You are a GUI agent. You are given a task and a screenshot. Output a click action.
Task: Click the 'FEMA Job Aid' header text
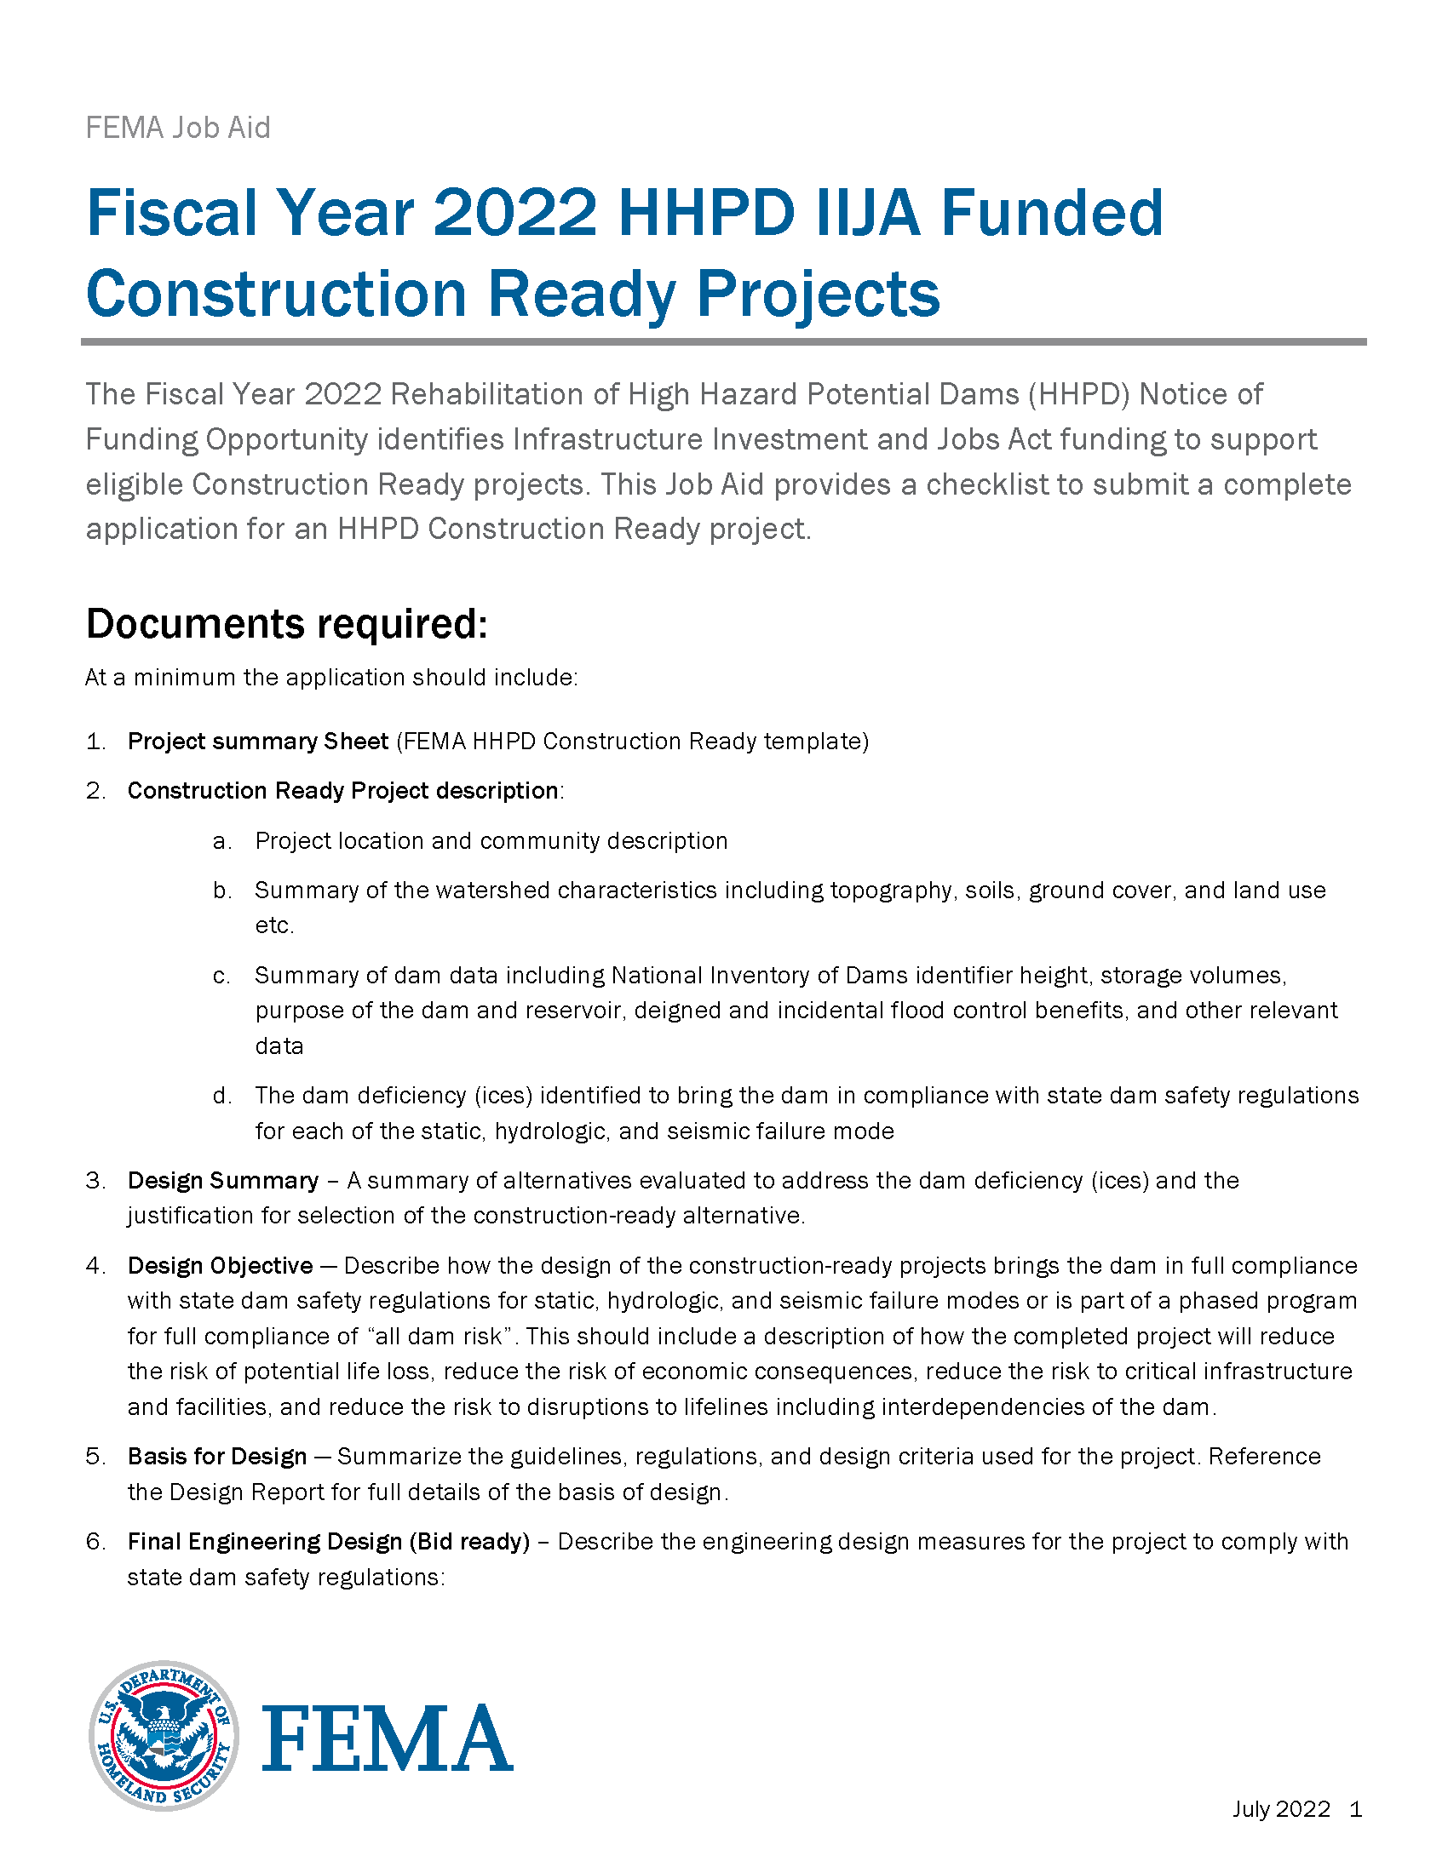point(177,128)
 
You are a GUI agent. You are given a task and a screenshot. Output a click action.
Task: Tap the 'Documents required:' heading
point(286,623)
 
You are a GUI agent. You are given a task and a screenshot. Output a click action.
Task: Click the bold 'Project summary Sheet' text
point(257,741)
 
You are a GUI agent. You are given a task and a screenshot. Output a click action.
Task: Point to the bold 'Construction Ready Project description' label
point(342,790)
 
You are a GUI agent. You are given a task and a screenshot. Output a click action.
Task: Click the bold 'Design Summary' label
point(223,1180)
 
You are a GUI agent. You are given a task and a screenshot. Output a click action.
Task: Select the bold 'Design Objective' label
point(220,1265)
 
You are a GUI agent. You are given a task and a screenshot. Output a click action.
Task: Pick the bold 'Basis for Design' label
point(217,1456)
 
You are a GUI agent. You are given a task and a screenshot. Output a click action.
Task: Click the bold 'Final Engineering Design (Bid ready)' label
point(329,1541)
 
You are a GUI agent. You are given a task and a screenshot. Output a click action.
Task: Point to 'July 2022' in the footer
point(1281,1808)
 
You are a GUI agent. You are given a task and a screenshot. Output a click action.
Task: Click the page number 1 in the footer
point(1355,1808)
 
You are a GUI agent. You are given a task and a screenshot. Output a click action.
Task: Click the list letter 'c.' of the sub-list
point(221,975)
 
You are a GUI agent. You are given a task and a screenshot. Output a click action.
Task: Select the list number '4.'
point(95,1265)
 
